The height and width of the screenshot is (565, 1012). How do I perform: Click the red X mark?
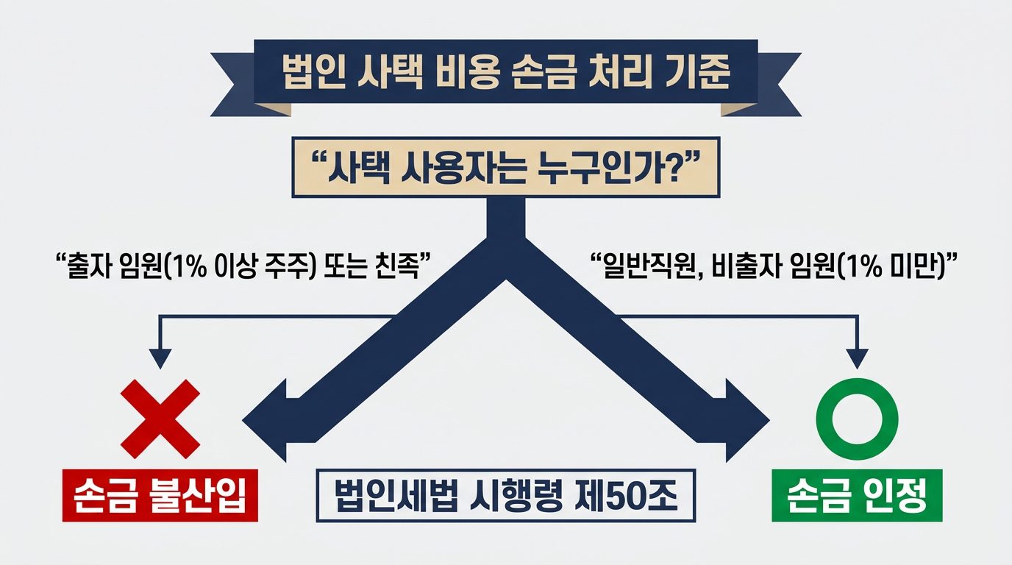160,419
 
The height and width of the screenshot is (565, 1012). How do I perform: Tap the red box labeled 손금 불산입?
160,495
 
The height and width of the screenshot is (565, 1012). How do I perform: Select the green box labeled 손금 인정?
857,495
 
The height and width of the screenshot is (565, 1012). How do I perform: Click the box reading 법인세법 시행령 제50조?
505,495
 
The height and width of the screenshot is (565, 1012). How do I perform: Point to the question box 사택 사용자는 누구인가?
506,167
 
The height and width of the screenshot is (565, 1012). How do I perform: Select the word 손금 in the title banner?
545,72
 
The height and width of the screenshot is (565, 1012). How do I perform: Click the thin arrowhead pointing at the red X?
160,358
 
